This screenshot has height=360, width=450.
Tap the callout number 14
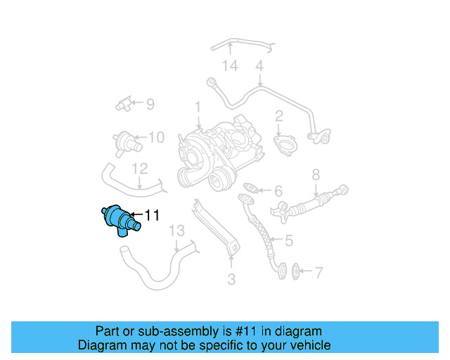pos(230,66)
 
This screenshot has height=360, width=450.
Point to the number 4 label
pos(259,66)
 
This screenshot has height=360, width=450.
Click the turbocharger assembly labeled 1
pos(211,155)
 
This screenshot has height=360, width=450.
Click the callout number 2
pos(279,116)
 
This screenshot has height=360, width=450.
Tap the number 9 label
pos(149,104)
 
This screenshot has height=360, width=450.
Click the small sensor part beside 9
pos(124,105)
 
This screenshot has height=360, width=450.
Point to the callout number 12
pos(140,169)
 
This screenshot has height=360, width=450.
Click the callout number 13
pos(176,230)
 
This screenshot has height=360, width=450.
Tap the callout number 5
pos(288,240)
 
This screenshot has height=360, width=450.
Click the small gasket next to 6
pos(250,188)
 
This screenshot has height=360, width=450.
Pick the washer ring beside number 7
pos(296,270)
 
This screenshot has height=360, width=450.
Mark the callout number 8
pos(316,174)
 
